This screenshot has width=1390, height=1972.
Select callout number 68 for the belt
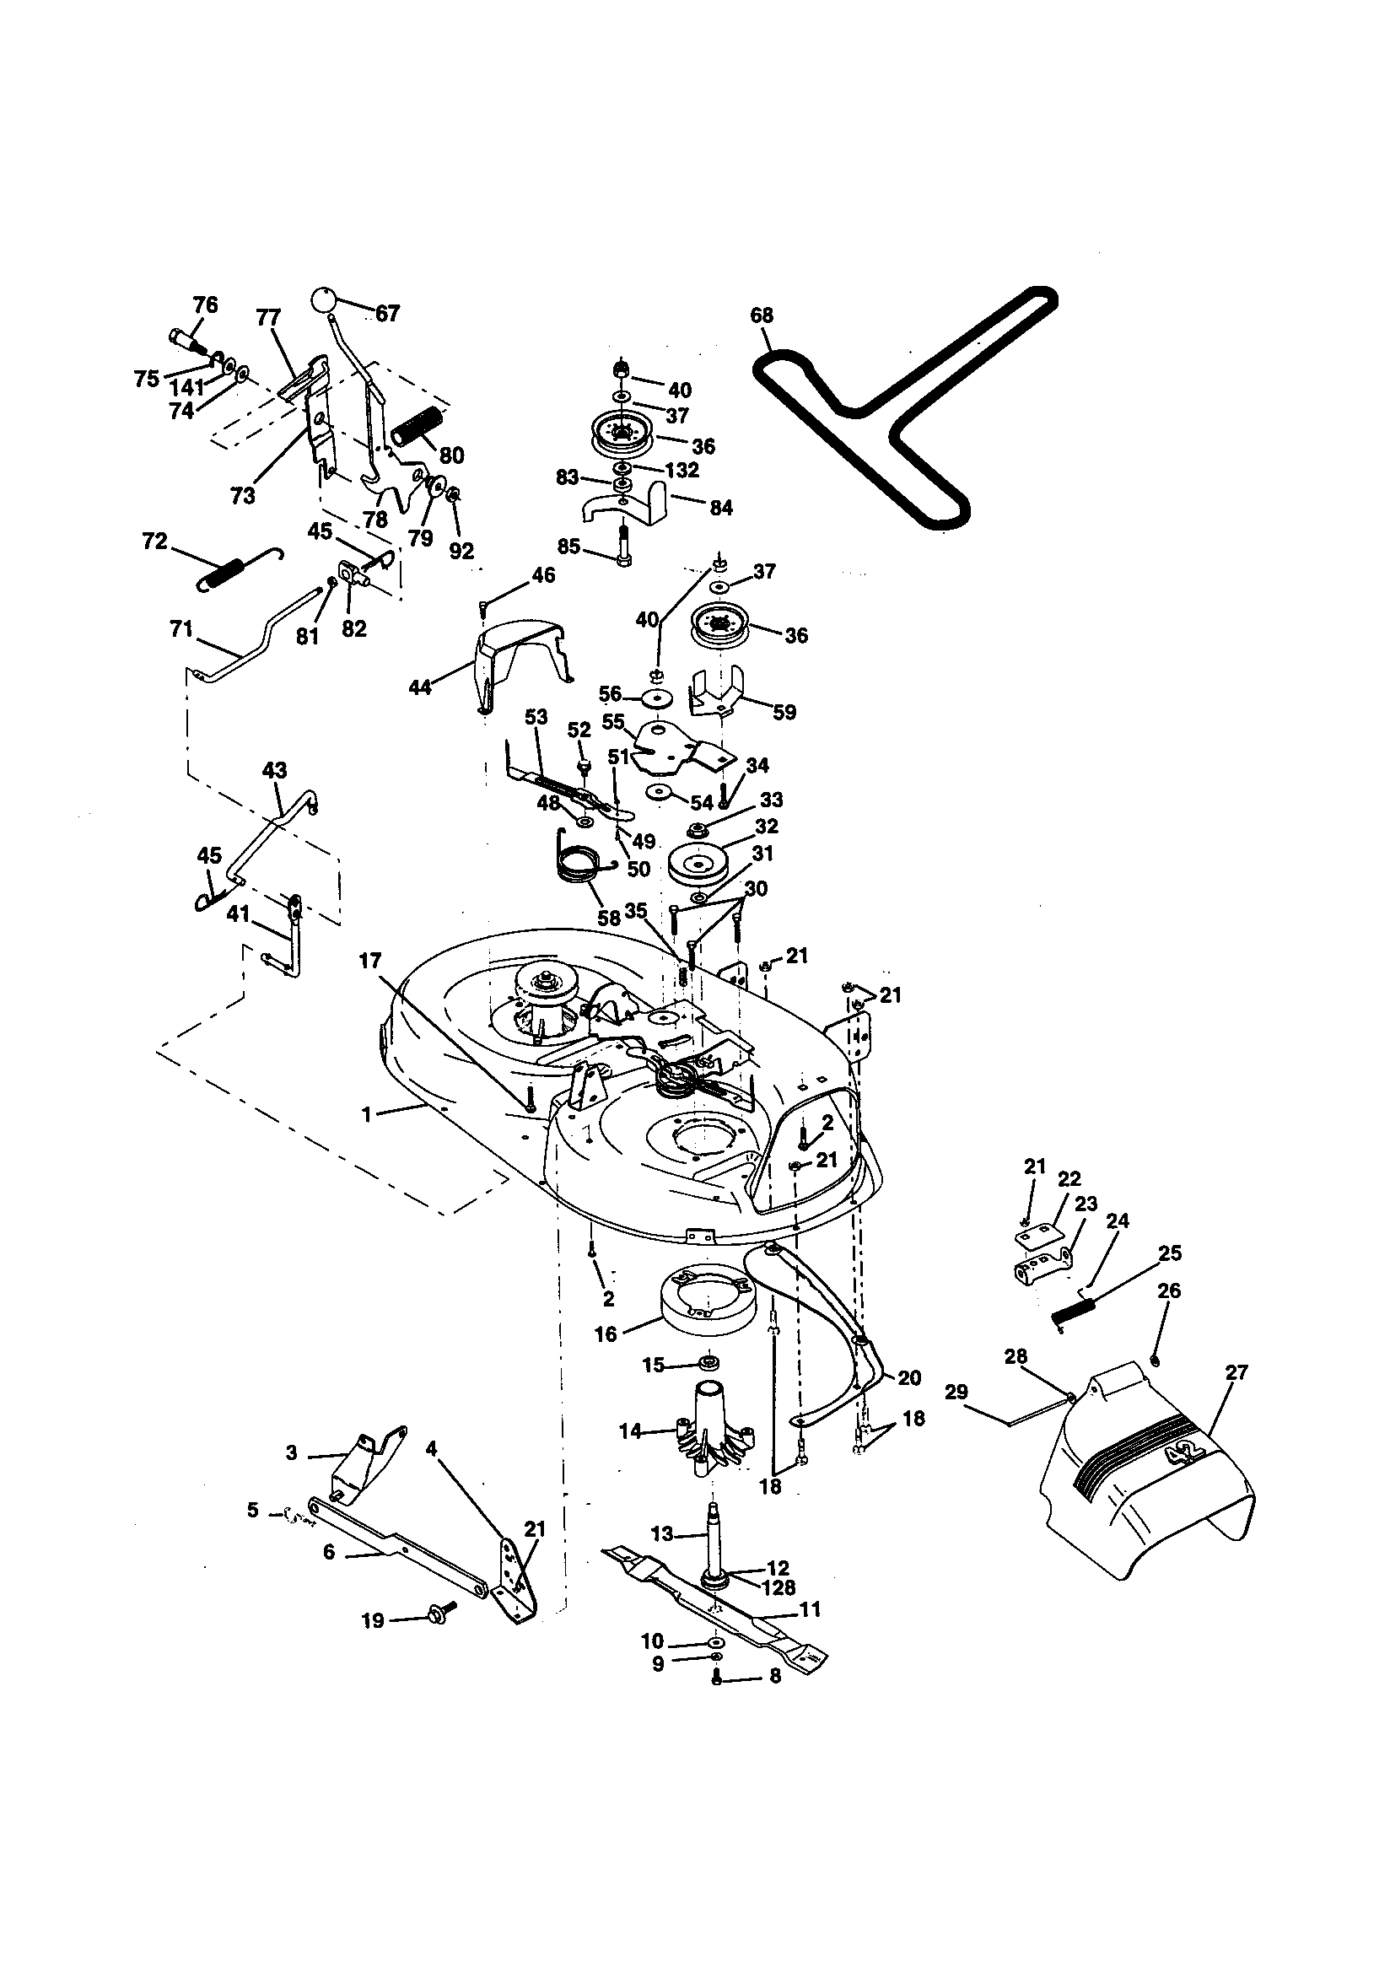(761, 315)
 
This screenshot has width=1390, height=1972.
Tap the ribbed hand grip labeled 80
(416, 426)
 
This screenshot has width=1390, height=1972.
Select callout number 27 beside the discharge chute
(1236, 1372)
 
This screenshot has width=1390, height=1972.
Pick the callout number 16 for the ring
(606, 1334)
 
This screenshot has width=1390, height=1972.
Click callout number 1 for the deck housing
(367, 1115)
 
